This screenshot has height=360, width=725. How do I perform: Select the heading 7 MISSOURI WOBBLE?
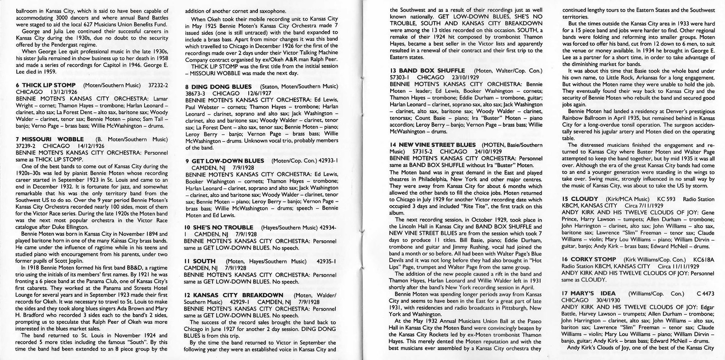(49, 139)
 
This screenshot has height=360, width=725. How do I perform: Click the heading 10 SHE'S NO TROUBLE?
(219, 227)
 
